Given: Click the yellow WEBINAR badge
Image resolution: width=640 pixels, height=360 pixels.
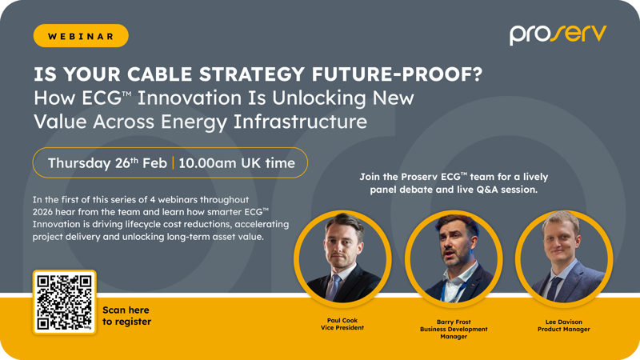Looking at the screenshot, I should pyautogui.click(x=81, y=36).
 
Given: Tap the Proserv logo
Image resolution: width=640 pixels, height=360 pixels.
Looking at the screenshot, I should pyautogui.click(x=558, y=34).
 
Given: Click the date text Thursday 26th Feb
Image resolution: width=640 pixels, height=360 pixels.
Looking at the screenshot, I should pyautogui.click(x=107, y=162).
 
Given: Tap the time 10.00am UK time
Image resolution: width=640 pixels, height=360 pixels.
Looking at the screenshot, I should pyautogui.click(x=237, y=162).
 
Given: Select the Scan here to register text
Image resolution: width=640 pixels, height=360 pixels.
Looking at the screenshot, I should pyautogui.click(x=126, y=315).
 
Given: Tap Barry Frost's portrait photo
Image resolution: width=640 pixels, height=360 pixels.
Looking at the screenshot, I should pyautogui.click(x=453, y=258).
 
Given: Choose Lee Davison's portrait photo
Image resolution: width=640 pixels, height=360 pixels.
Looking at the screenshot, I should pyautogui.click(x=563, y=258).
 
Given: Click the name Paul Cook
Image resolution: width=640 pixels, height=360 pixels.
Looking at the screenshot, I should pyautogui.click(x=342, y=321).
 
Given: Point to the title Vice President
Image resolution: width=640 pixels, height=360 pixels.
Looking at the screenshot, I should pyautogui.click(x=342, y=328).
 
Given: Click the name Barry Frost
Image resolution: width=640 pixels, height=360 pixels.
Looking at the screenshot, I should pyautogui.click(x=454, y=322).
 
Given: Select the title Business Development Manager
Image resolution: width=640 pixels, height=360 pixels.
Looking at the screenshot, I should pyautogui.click(x=454, y=333).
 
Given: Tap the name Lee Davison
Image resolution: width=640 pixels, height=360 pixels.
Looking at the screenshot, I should pyautogui.click(x=564, y=322).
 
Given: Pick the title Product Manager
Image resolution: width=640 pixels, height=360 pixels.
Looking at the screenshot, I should pyautogui.click(x=564, y=329).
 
